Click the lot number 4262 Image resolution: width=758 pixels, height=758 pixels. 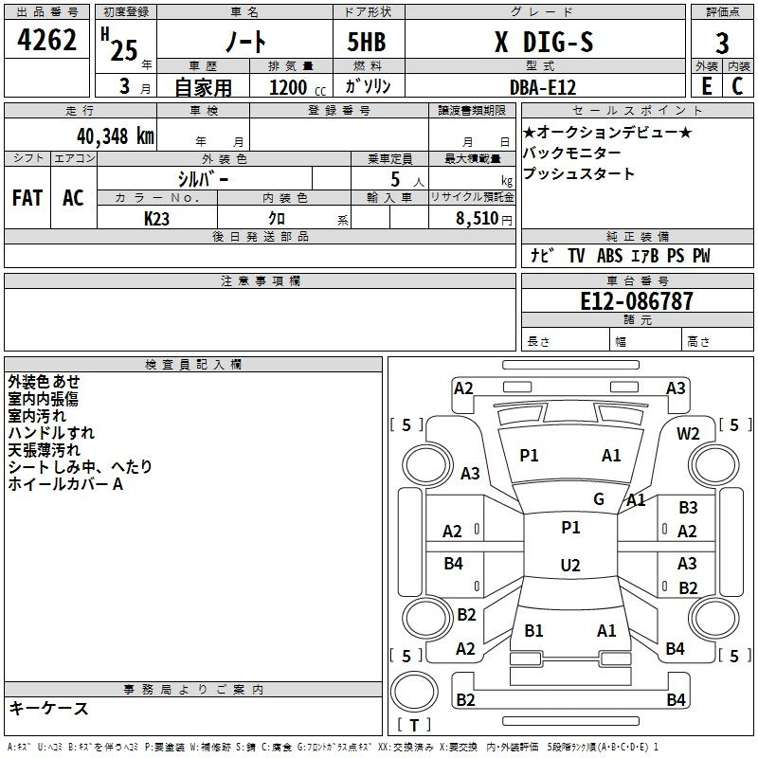coord(46,40)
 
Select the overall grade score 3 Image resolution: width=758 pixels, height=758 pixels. coord(722,43)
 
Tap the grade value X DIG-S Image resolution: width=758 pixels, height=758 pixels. coord(544,42)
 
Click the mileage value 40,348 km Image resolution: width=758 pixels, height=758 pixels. coord(116,136)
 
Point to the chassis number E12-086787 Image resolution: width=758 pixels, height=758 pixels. coord(637,301)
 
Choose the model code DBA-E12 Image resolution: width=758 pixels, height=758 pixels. coord(543,87)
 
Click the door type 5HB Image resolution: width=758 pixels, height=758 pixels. coord(367,42)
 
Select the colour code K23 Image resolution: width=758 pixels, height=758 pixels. coord(156,219)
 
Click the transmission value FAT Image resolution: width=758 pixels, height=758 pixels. coord(27,198)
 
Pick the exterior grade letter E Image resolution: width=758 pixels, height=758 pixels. coord(706,86)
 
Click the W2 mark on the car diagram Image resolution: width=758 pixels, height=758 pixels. coord(688,434)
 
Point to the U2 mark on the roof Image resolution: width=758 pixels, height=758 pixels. coord(570,565)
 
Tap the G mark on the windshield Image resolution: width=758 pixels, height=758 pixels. coord(599,498)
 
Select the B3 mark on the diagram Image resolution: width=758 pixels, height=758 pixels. coord(688,508)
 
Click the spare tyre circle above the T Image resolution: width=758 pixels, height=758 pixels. coord(414,692)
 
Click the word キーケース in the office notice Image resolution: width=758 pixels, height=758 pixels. coord(49,708)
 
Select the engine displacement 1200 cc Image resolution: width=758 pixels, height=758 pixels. coord(298,87)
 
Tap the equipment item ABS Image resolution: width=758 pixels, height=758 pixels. coord(609,255)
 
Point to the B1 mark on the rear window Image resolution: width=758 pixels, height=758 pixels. coord(533,630)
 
